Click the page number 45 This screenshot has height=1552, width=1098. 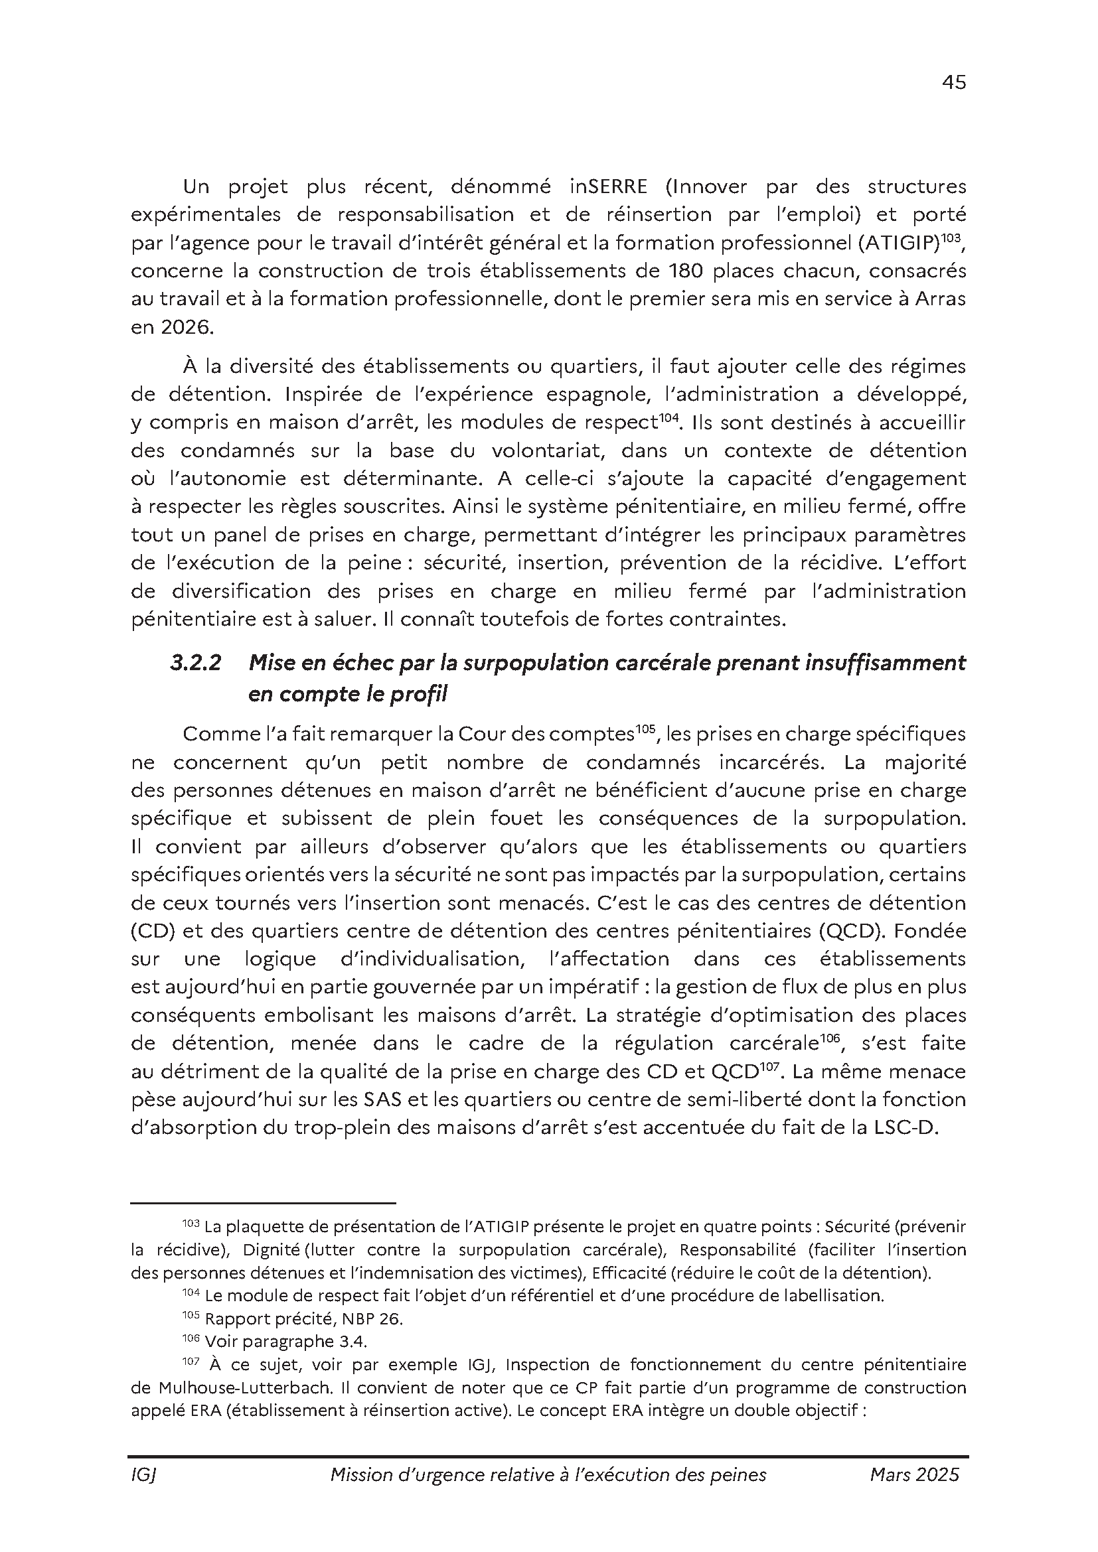click(953, 82)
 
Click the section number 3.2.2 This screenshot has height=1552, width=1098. click(195, 663)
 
